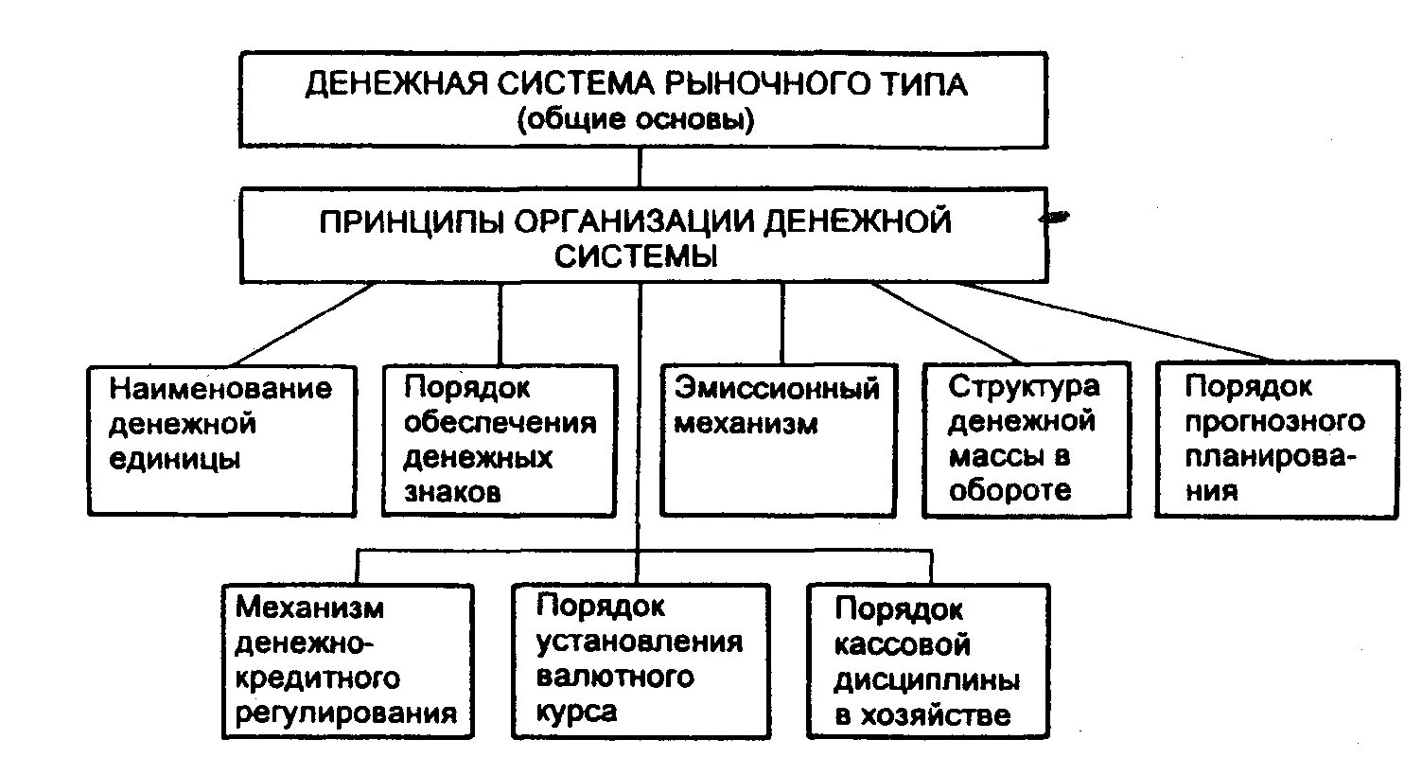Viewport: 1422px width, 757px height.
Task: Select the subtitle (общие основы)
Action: [636, 121]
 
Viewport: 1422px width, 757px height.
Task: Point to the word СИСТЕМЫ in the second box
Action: [636, 256]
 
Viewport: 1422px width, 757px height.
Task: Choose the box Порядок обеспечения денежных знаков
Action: [500, 440]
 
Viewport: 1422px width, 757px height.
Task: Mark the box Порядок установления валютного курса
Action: [640, 660]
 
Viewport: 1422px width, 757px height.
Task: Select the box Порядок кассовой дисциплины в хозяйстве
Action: [928, 660]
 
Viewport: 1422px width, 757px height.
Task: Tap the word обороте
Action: [1010, 490]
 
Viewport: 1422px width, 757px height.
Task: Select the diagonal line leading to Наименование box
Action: [303, 324]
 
